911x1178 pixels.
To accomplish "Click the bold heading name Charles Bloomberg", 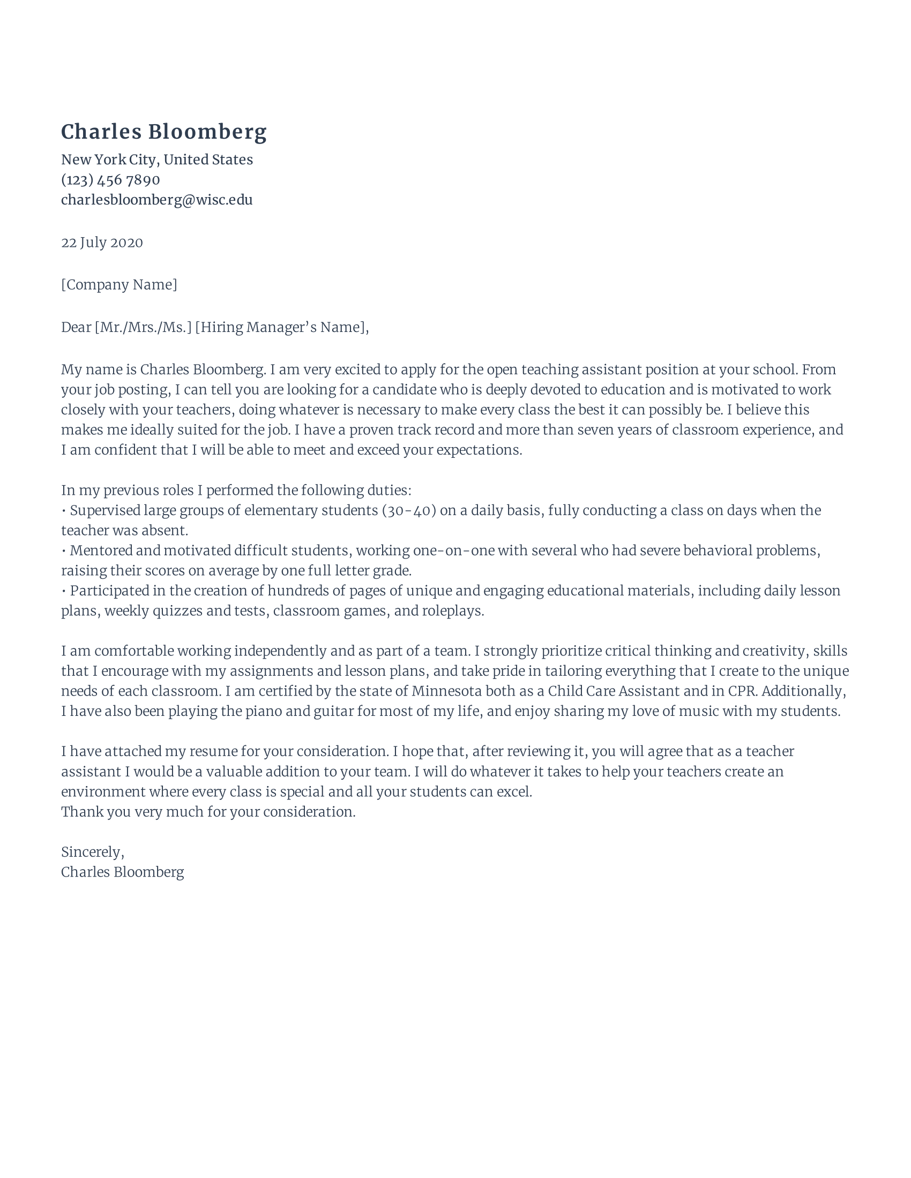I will [x=163, y=132].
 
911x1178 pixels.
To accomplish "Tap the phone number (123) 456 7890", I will [x=110, y=179].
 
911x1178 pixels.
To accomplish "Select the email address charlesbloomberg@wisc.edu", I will [x=156, y=200].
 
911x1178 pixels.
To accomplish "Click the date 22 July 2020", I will [x=102, y=243].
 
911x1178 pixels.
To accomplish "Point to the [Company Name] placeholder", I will [x=119, y=285].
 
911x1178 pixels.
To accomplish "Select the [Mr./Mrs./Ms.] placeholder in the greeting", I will [x=143, y=327].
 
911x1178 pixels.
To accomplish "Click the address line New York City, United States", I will [x=156, y=160].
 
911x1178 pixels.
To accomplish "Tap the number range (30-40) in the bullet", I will [x=408, y=510].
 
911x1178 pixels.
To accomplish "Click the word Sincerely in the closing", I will [x=92, y=852].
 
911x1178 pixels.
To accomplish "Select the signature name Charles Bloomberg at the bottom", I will [x=122, y=872].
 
